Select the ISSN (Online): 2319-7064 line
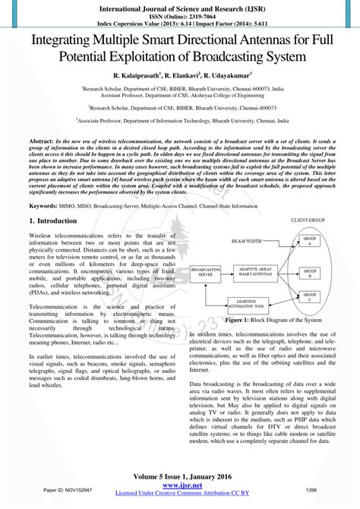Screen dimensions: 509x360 (179, 14)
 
